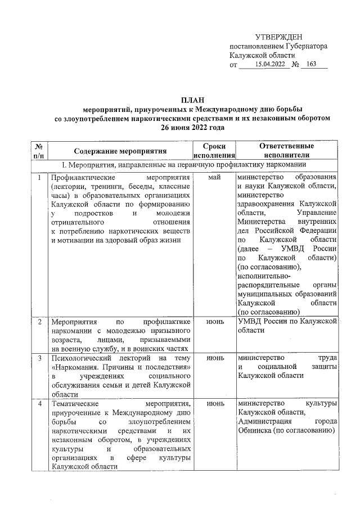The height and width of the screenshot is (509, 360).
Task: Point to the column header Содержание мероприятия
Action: (x=121, y=151)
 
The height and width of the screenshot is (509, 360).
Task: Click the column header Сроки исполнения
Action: (x=214, y=150)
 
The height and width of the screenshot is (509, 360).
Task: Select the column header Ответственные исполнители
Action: (x=286, y=150)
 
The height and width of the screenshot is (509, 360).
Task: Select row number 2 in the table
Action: (x=39, y=322)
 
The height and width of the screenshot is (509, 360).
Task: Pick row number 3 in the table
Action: (x=39, y=358)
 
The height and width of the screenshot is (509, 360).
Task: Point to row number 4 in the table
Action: (x=39, y=404)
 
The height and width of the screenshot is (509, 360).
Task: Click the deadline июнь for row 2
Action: (x=214, y=322)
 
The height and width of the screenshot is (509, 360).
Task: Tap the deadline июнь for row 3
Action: (x=214, y=358)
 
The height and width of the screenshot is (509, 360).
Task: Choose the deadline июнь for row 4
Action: (x=214, y=404)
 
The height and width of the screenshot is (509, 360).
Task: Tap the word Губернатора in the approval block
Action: (x=303, y=46)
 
